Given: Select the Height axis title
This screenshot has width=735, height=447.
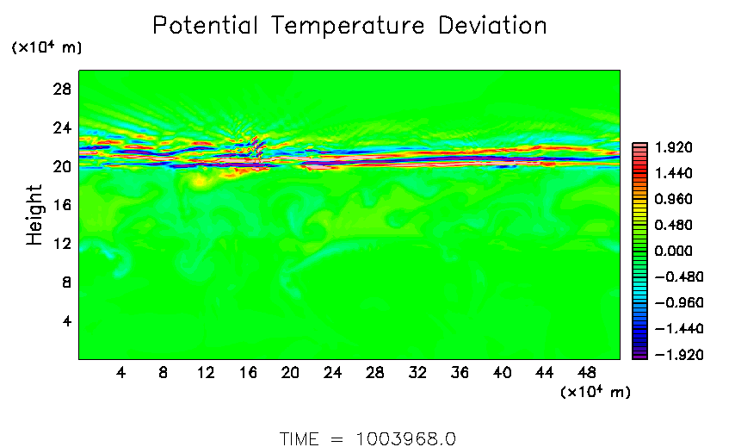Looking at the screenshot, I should (34, 214).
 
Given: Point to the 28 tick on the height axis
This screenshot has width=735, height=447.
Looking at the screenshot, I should (63, 89).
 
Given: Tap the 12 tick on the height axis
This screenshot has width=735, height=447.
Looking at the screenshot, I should (63, 244).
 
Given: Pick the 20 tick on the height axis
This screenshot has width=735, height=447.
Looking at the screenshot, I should (63, 166).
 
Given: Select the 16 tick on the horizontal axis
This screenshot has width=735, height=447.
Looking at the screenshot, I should (248, 373).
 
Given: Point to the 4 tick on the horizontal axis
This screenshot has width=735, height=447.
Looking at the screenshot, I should (121, 373).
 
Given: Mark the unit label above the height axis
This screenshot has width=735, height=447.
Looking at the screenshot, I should (46, 48).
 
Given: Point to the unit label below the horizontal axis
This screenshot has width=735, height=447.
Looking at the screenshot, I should (596, 393).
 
